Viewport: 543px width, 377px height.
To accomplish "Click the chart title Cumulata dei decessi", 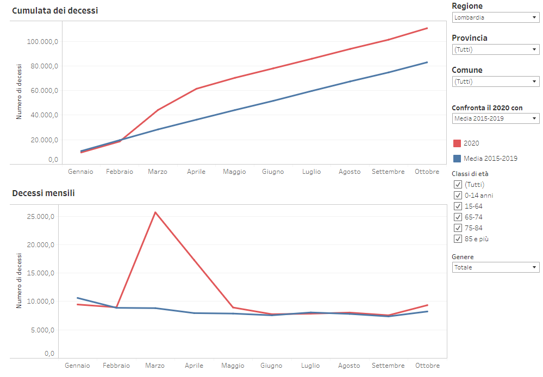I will tap(55, 10).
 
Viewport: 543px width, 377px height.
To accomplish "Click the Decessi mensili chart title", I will tap(43, 193).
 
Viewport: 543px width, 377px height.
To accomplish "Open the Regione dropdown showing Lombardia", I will tap(495, 17).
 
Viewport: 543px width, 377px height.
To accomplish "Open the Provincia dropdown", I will tap(495, 49).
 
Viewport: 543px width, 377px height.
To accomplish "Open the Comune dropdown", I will tap(495, 81).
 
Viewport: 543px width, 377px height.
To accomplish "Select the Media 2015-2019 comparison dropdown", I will tap(495, 118).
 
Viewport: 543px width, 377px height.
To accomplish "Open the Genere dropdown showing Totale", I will tap(495, 267).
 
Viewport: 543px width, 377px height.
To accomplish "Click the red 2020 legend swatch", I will tap(457, 143).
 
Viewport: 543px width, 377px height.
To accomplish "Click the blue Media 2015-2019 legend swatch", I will tap(457, 159).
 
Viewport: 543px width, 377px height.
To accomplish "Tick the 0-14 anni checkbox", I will tap(458, 196).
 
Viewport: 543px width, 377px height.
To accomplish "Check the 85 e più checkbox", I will tap(458, 239).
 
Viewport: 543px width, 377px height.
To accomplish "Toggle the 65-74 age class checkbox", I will tap(458, 217).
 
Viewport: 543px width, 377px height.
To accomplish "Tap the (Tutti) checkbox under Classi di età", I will tap(458, 185).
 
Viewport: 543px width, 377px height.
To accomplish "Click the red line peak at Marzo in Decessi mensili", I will tap(155, 212).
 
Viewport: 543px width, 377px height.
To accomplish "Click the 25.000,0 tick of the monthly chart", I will tap(41, 217).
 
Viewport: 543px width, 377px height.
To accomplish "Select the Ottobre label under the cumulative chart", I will tap(427, 172).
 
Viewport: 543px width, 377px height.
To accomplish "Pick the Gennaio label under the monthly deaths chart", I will tap(77, 366).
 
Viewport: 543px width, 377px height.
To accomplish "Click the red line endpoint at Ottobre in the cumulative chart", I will tap(427, 28).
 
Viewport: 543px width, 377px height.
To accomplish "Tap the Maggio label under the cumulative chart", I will tap(234, 172).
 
